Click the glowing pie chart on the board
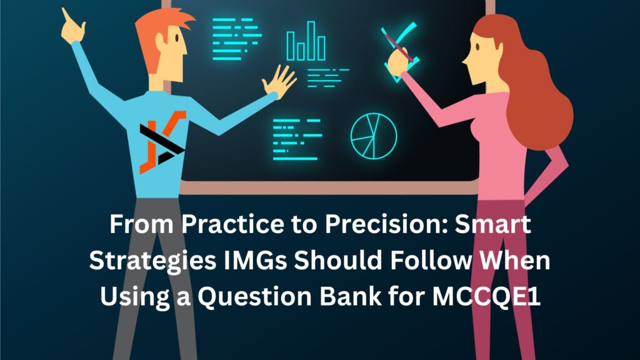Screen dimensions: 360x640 (x=374, y=134)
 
